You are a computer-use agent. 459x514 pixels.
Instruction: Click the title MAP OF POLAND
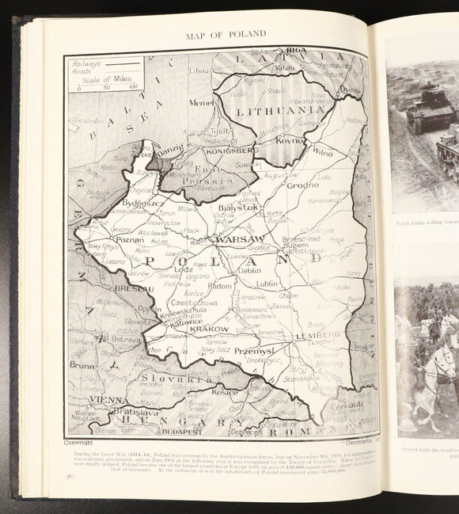click(226, 33)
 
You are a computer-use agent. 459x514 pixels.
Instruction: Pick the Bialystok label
click(241, 207)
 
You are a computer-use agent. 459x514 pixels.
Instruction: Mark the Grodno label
click(302, 185)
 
